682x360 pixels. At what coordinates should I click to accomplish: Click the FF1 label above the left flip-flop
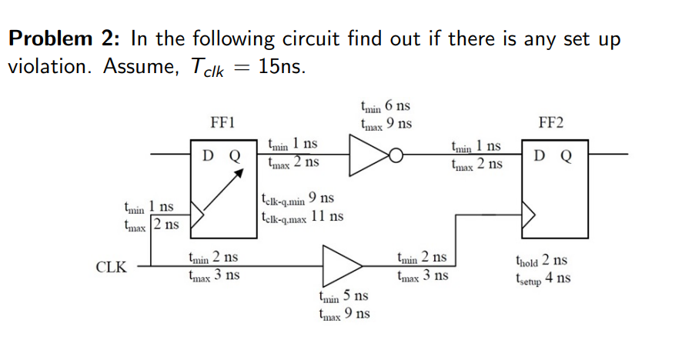coord(222,122)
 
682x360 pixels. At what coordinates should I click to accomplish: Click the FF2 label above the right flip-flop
coord(551,122)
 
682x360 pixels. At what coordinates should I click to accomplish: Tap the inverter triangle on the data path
coord(368,155)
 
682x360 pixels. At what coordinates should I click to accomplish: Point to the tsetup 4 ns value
coord(543,278)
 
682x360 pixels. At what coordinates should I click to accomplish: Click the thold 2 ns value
coord(543,261)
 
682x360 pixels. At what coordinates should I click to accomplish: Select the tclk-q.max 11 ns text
coord(302,216)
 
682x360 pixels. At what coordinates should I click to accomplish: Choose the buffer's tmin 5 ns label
coord(343,296)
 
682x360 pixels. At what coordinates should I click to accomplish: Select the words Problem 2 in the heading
coord(66,38)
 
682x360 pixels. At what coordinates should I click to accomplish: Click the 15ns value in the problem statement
coord(282,67)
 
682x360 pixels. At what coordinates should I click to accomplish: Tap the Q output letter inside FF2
coord(567,155)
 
